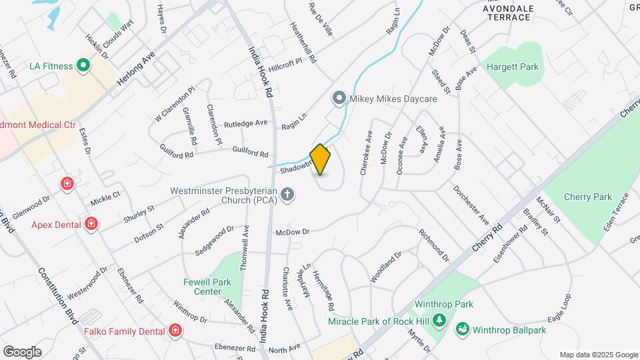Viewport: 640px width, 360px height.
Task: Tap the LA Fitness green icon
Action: (x=83, y=65)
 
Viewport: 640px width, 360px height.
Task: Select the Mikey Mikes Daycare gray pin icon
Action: (x=339, y=99)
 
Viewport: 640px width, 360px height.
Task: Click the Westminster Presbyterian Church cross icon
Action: (x=287, y=195)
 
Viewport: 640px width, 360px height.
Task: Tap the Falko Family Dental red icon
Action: (x=175, y=331)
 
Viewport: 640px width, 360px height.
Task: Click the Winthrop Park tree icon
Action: (x=439, y=320)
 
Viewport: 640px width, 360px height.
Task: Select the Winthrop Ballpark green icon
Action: (x=462, y=329)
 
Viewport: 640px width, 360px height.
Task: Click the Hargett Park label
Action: (x=512, y=67)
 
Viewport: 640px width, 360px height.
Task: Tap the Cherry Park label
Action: (x=587, y=197)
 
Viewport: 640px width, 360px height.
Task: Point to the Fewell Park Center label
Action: (x=207, y=287)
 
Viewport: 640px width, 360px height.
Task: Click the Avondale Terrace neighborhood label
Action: (x=508, y=12)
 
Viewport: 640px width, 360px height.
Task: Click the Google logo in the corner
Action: (x=22, y=351)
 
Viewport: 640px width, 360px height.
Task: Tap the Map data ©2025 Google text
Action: (x=598, y=355)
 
